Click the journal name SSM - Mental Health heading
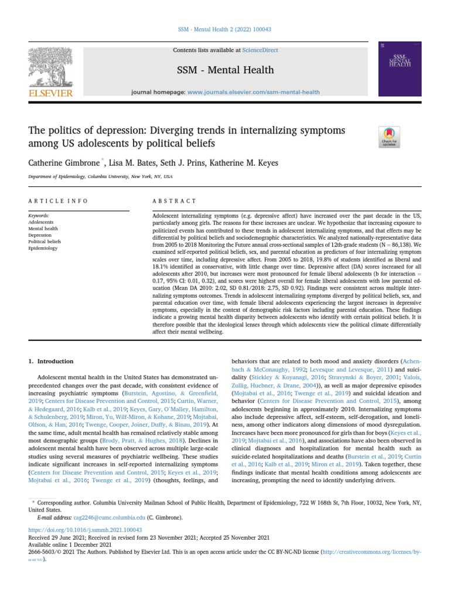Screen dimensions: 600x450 (x=226, y=70)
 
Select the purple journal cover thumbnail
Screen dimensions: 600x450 (x=400, y=69)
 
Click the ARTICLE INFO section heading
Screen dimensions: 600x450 (x=58, y=201)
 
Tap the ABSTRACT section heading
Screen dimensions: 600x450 (x=174, y=201)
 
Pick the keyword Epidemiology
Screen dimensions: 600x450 (x=43, y=248)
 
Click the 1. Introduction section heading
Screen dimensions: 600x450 (x=52, y=362)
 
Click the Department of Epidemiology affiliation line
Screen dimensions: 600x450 (x=100, y=176)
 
